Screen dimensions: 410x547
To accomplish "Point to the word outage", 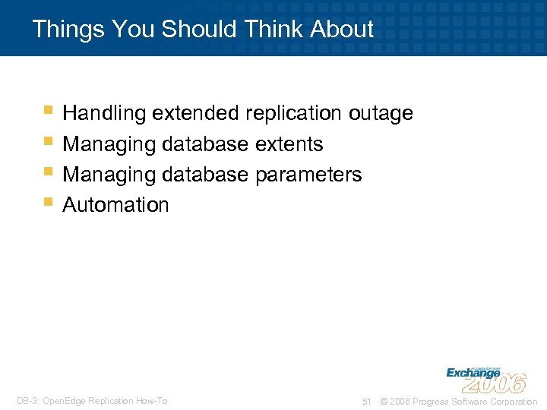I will coord(381,114).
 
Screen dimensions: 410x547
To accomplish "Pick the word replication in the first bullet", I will coord(293,114).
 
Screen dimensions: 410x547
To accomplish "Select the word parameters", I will coord(308,175).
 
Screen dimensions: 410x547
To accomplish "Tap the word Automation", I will coord(115,205).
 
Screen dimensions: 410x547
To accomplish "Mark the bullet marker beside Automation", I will coord(49,202).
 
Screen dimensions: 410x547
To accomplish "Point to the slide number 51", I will coord(366,402).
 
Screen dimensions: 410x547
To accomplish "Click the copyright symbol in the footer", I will coord(383,402).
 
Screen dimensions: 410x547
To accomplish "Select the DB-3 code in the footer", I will coord(28,401).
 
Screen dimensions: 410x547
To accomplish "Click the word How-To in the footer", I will coord(153,401).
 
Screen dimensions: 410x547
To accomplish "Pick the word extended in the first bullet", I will coord(195,114).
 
